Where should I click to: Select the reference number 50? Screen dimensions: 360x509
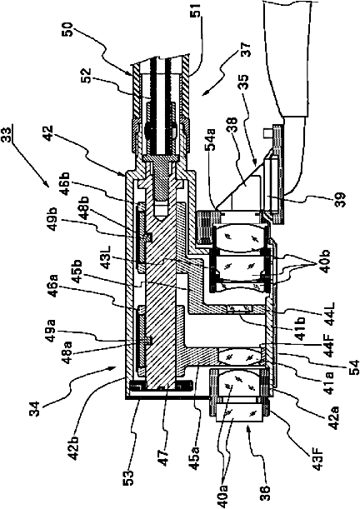[x=71, y=28]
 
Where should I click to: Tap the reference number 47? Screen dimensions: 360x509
[x=165, y=457]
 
